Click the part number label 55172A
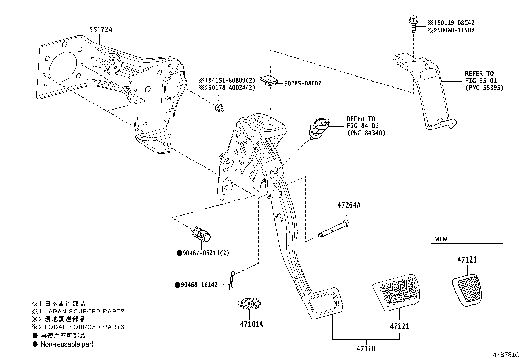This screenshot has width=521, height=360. pyautogui.click(x=100, y=30)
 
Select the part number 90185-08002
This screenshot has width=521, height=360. pyautogui.click(x=303, y=84)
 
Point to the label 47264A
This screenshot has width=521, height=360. pyautogui.click(x=349, y=205)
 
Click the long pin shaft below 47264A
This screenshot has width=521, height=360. pyautogui.click(x=333, y=229)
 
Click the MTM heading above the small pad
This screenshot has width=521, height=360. pyautogui.click(x=440, y=239)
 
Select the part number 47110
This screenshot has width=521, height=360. pyautogui.click(x=366, y=349)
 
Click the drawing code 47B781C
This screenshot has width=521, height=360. pyautogui.click(x=507, y=355)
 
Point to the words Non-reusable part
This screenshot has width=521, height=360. pyautogui.click(x=67, y=344)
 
